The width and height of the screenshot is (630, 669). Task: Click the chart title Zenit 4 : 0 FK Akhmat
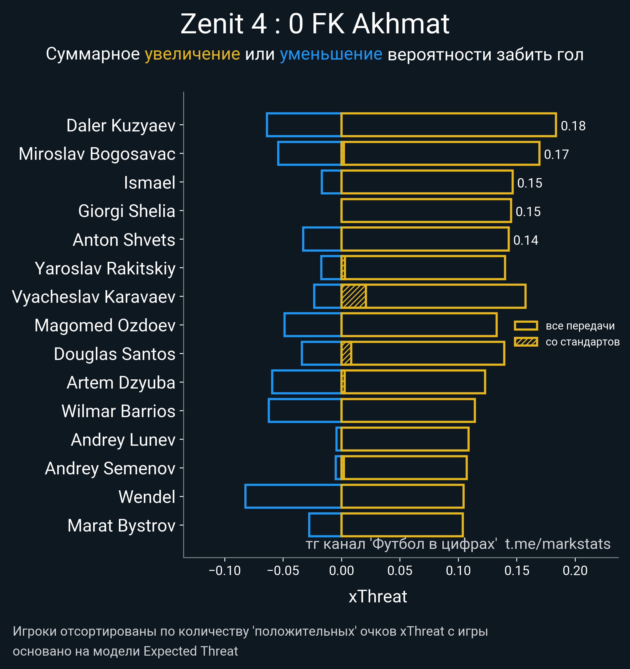pos(315,24)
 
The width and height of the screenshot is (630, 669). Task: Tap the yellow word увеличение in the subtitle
pos(192,54)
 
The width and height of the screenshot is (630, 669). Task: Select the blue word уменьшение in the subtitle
pos(331,54)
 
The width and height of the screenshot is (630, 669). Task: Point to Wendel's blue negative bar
pos(293,496)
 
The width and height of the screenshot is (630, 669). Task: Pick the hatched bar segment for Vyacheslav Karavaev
pos(354,296)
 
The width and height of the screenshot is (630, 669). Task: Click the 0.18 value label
pos(573,126)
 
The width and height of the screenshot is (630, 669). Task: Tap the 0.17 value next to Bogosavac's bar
pos(556,155)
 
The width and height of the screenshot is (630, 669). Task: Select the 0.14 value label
pos(526,240)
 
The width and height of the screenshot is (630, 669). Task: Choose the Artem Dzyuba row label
pos(121,383)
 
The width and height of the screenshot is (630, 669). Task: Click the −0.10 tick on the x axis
pos(225,570)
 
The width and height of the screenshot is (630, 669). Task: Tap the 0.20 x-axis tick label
pos(575,570)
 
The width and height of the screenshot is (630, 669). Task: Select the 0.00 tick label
pos(342,570)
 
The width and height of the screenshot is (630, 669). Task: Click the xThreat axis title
pos(378,596)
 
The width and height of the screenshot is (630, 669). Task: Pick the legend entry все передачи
pos(580,326)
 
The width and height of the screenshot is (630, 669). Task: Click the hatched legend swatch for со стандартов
pos(526,342)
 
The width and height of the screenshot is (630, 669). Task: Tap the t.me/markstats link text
pos(558,544)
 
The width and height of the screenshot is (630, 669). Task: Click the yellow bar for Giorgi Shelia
pos(426,211)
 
